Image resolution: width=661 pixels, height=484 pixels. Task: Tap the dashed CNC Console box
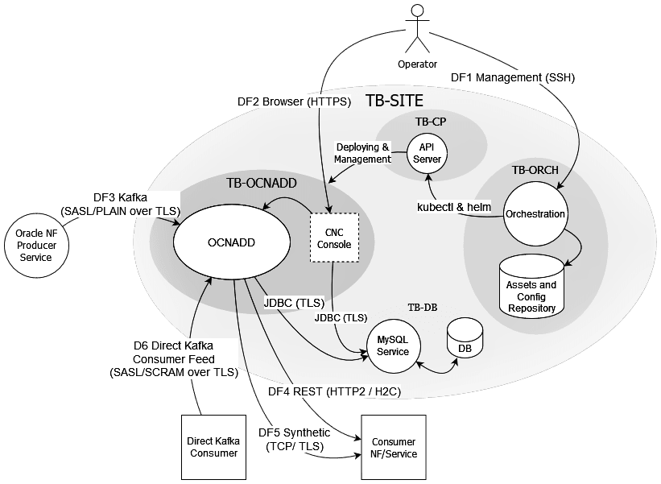point(334,238)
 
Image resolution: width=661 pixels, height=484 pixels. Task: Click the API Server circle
point(427,152)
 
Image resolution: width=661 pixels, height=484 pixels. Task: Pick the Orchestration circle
point(535,214)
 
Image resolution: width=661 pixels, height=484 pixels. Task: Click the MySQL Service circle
point(393,345)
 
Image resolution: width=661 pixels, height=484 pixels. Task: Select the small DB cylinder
point(465,339)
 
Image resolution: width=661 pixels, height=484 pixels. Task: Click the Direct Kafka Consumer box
point(213,447)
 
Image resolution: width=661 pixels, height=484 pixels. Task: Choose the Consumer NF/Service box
point(393,447)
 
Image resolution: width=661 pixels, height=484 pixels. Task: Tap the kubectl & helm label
point(454,207)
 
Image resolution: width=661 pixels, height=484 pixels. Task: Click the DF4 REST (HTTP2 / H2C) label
point(335,391)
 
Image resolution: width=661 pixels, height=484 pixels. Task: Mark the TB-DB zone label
point(423,307)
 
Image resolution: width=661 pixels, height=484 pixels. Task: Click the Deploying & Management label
point(363,153)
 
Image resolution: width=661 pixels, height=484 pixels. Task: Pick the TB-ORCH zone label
point(535,170)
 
